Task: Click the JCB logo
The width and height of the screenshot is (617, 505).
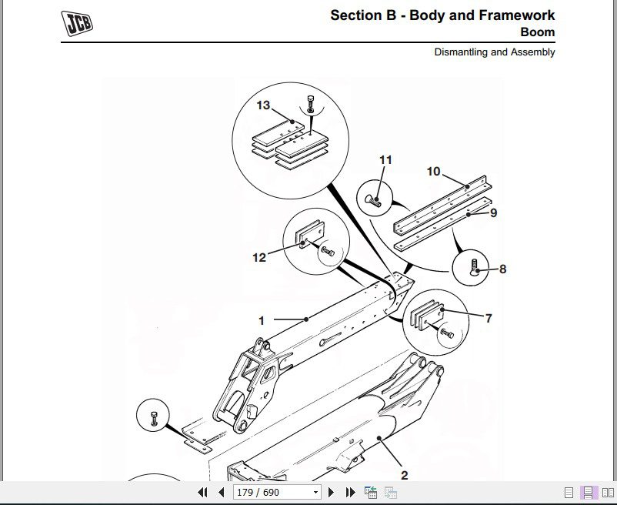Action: [x=78, y=24]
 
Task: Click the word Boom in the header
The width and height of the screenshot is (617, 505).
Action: [x=537, y=32]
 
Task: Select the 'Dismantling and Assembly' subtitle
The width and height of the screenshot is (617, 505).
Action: [x=494, y=52]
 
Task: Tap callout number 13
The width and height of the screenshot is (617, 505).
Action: [x=263, y=105]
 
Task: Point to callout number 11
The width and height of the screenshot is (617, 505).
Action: [x=385, y=160]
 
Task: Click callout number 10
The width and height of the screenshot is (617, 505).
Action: [x=434, y=171]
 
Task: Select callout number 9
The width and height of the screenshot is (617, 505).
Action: [x=493, y=212]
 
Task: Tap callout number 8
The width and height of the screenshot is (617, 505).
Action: [x=502, y=269]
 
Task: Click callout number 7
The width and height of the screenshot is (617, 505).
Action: [x=488, y=317]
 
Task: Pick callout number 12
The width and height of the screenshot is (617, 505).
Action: [x=259, y=257]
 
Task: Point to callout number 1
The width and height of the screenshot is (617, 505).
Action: [x=262, y=320]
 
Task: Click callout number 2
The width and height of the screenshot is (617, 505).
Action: [x=404, y=475]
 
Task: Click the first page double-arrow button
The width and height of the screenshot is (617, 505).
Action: [x=203, y=493]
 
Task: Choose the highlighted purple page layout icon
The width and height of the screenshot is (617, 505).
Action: [x=588, y=493]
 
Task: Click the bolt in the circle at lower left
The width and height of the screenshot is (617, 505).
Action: [x=155, y=419]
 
